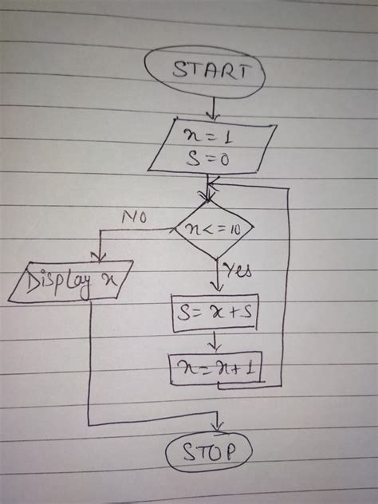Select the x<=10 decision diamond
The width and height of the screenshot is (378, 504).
point(214,230)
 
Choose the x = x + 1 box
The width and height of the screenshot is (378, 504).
point(216,368)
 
